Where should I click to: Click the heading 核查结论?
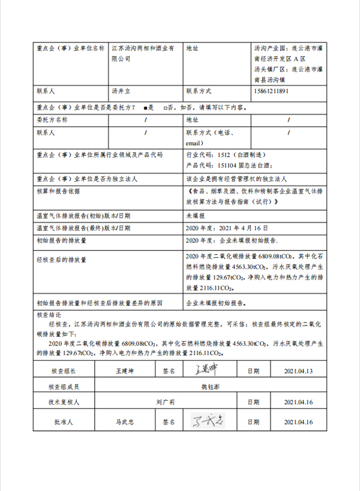(x=49, y=314)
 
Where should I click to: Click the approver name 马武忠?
(x=125, y=421)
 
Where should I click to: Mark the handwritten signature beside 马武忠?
(x=206, y=421)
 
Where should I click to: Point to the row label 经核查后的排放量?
(x=61, y=260)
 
